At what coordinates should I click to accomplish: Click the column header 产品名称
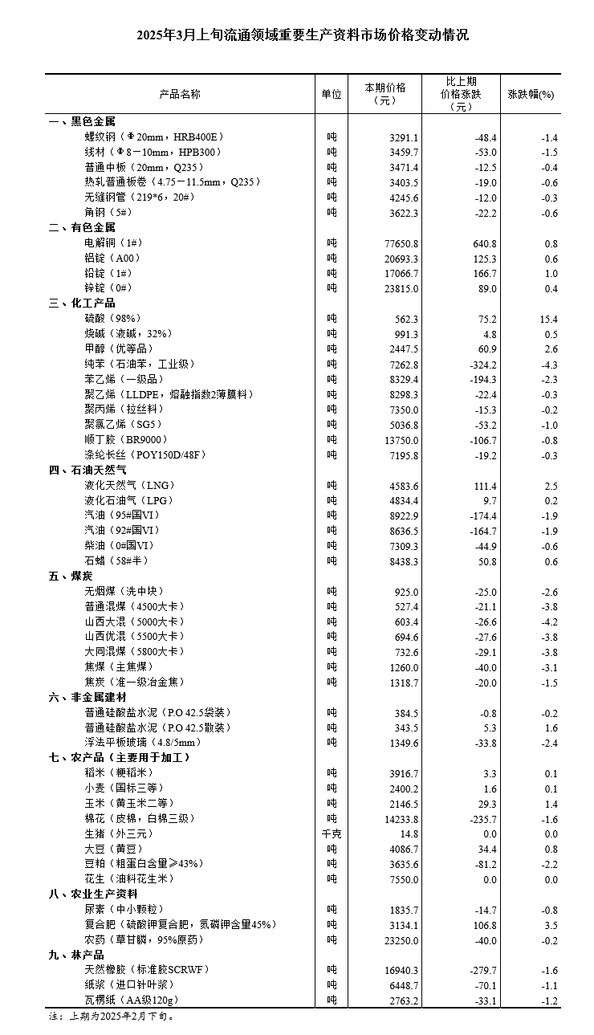pyautogui.click(x=180, y=94)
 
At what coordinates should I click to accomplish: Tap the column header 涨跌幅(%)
pyautogui.click(x=531, y=94)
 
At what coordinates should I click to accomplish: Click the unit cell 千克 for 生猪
pyautogui.click(x=332, y=833)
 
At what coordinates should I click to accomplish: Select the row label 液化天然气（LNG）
pyautogui.click(x=129, y=485)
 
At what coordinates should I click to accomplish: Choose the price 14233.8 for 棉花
pyautogui.click(x=400, y=819)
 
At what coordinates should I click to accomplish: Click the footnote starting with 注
pyautogui.click(x=110, y=1017)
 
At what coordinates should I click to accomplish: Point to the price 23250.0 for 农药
pyautogui.click(x=400, y=939)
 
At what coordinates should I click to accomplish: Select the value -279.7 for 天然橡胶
pyautogui.click(x=481, y=970)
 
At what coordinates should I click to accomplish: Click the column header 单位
pyautogui.click(x=332, y=94)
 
